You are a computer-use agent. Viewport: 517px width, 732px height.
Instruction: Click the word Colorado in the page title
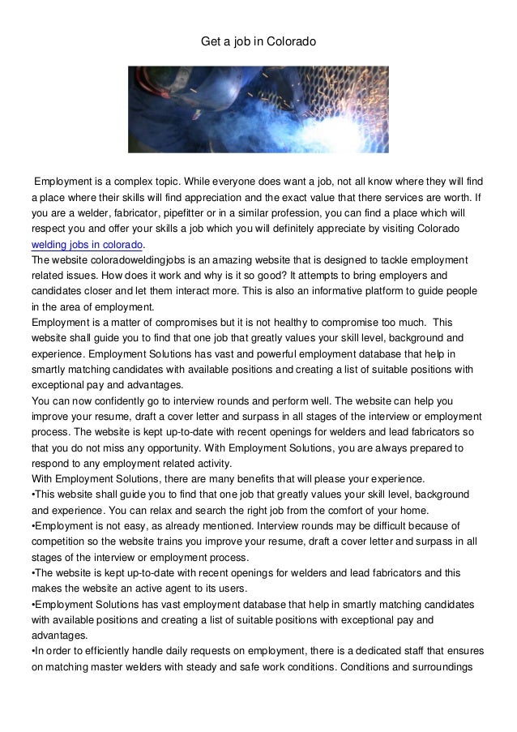(292, 40)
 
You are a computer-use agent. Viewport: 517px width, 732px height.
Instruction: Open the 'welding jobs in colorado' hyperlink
(87, 244)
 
